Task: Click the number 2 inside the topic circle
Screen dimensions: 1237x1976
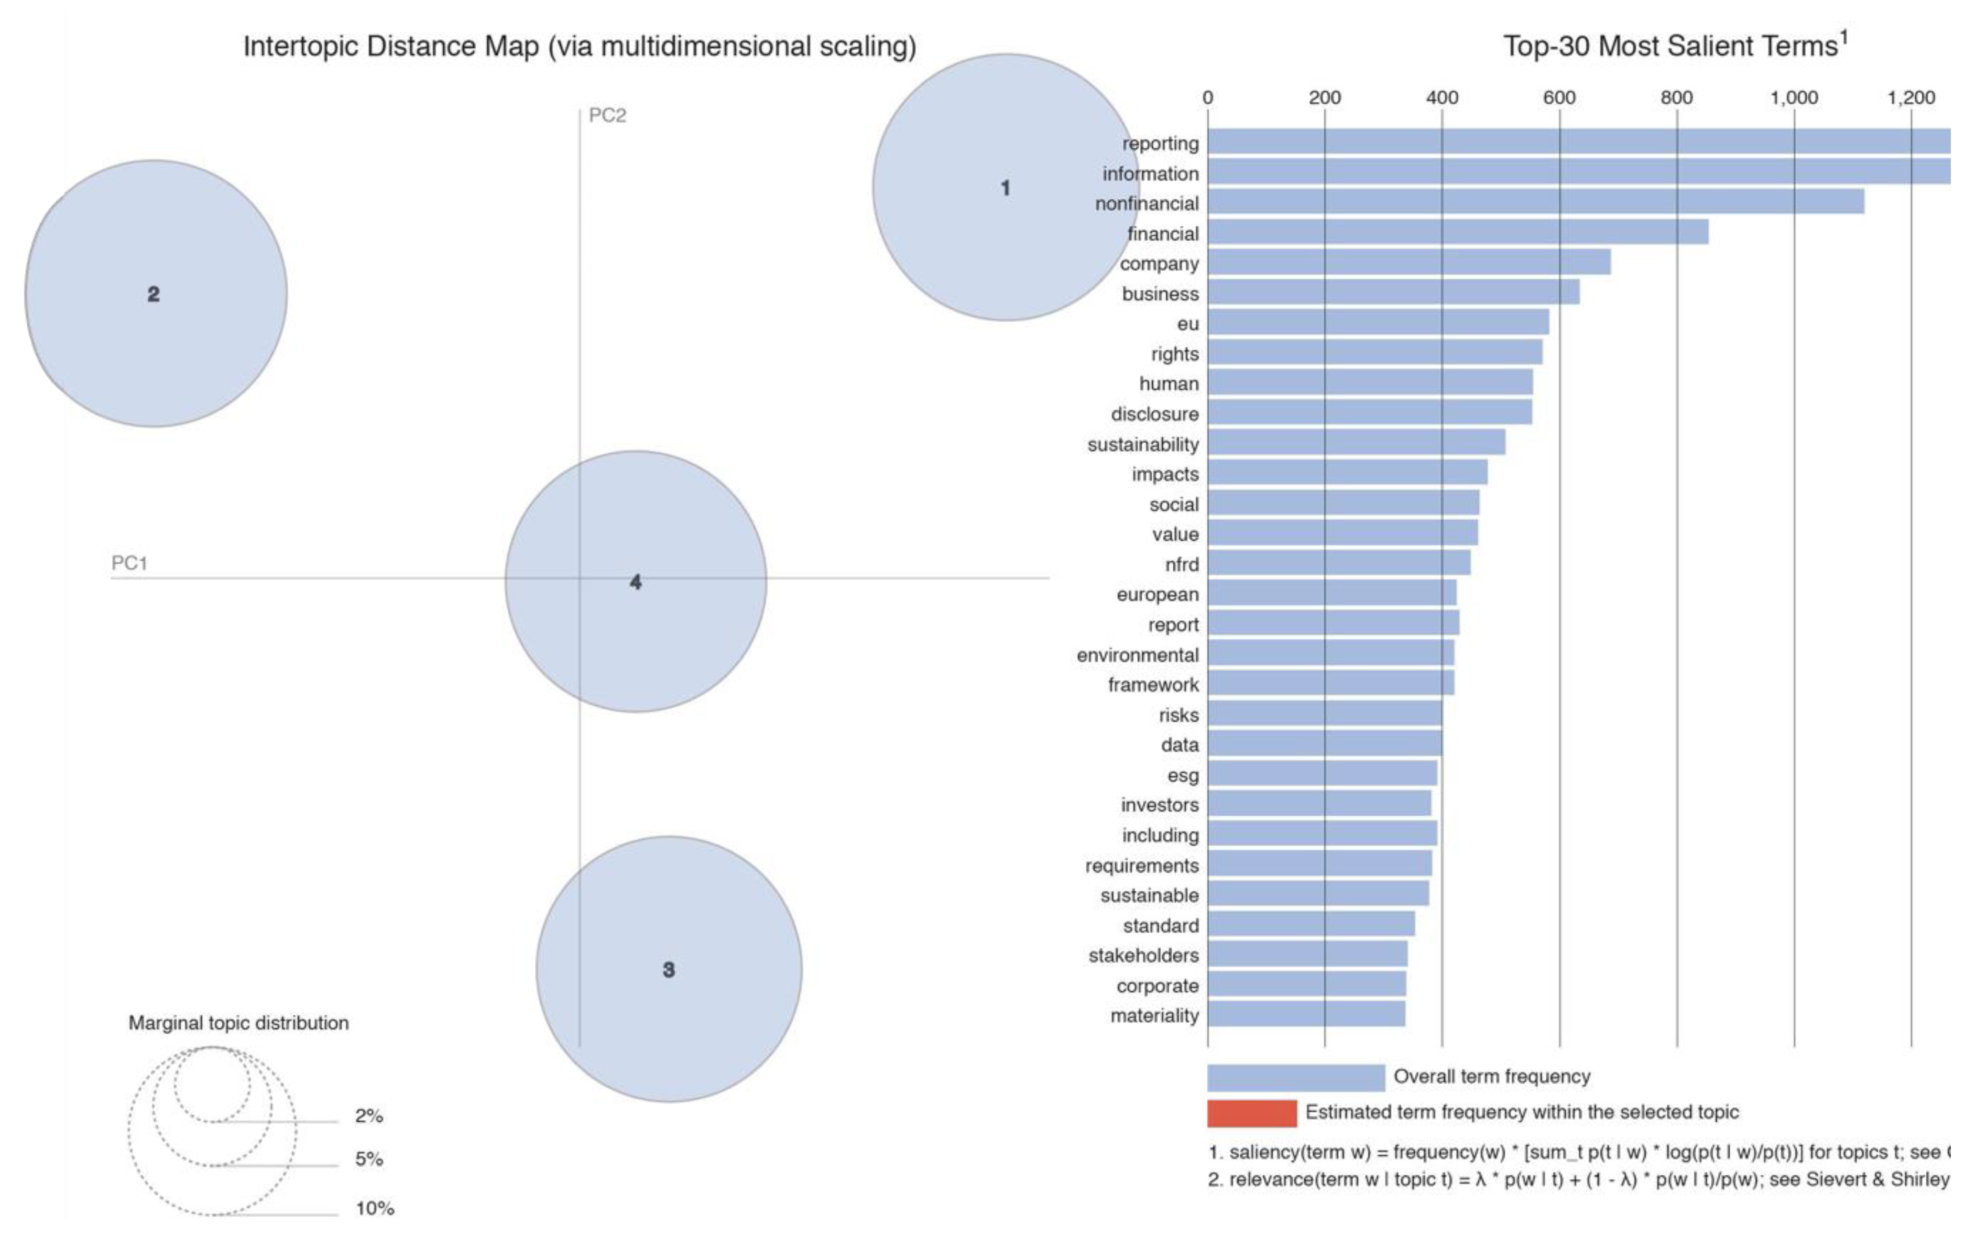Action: pyautogui.click(x=153, y=294)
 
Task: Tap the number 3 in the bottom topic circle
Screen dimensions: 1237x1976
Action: pyautogui.click(x=669, y=969)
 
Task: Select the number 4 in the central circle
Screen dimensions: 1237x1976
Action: pyautogui.click(x=636, y=582)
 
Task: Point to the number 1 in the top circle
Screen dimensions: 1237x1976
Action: pyautogui.click(x=1005, y=188)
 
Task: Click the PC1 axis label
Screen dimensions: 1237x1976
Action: pyautogui.click(x=129, y=563)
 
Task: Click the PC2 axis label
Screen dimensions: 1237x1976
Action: pyautogui.click(x=607, y=115)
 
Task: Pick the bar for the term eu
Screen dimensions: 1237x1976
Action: pyautogui.click(x=1378, y=322)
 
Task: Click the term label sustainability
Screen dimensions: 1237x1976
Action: pyautogui.click(x=1142, y=444)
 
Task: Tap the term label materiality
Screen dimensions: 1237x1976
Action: pyautogui.click(x=1154, y=1015)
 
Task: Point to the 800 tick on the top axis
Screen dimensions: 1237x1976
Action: pyautogui.click(x=1676, y=97)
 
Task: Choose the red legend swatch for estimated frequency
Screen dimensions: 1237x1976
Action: pyautogui.click(x=1251, y=1113)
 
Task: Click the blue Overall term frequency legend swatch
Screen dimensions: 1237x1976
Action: pyautogui.click(x=1295, y=1077)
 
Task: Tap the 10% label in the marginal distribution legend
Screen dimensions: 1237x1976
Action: pyautogui.click(x=375, y=1208)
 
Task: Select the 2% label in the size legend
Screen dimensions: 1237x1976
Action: pyautogui.click(x=368, y=1115)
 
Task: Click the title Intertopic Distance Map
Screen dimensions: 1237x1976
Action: pyautogui.click(x=580, y=46)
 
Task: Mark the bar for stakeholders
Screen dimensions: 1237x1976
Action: pyautogui.click(x=1307, y=954)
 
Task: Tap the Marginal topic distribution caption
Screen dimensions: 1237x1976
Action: pyautogui.click(x=238, y=1023)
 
